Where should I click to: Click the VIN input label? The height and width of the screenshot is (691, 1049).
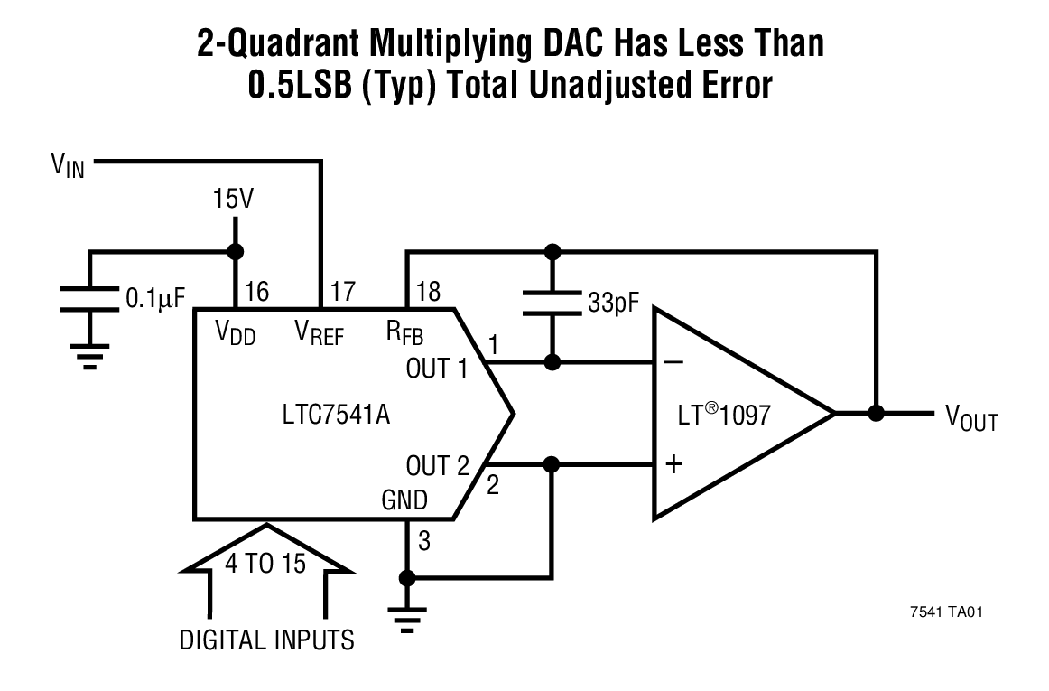point(68,166)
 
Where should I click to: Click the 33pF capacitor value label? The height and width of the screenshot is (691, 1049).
point(613,303)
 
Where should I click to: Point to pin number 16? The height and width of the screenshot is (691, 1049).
point(256,291)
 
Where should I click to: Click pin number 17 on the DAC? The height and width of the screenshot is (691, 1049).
point(343,291)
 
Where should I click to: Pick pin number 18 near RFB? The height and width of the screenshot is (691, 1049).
point(426,291)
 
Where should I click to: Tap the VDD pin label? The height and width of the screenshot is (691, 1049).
point(236,333)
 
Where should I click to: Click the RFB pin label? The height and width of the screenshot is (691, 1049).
point(405,333)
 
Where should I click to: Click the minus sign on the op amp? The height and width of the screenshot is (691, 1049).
point(673,363)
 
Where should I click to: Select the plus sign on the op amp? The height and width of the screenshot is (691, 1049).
point(673,465)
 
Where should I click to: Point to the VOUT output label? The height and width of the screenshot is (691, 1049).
point(971,417)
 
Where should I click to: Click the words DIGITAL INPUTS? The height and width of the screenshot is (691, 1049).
point(267,640)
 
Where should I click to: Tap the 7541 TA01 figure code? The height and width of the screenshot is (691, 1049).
point(945,612)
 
